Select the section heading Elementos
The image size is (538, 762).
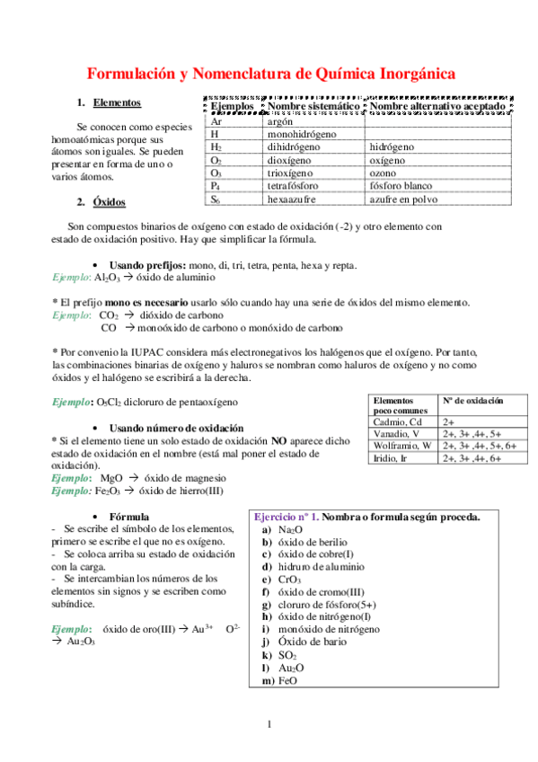[x=117, y=103]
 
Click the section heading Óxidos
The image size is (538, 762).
[x=110, y=201]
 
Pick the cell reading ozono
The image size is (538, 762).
[x=384, y=173]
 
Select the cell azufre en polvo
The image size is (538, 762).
[x=403, y=199]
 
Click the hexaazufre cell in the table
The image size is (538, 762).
[x=296, y=199]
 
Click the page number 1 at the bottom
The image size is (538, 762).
[x=268, y=724]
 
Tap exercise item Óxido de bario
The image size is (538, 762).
[x=311, y=642]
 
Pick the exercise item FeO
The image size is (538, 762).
[x=288, y=681]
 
